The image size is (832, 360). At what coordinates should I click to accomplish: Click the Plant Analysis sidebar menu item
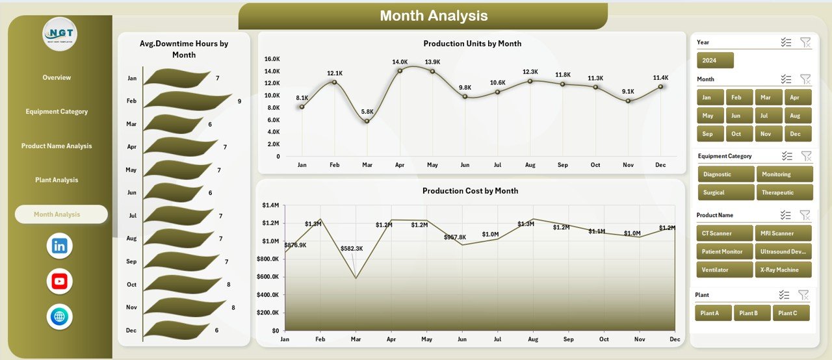57,180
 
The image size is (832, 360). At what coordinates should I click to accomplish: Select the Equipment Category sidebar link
57,112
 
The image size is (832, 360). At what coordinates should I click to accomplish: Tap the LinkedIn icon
60,246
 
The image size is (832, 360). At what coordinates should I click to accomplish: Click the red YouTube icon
60,281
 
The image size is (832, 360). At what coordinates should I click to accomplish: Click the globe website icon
60,317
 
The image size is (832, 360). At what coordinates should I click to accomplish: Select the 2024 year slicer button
715,60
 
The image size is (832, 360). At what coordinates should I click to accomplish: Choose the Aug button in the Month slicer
798,116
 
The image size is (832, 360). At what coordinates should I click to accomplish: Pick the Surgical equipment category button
725,192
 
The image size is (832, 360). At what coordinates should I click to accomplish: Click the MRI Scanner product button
783,233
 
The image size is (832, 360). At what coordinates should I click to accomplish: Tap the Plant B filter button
752,313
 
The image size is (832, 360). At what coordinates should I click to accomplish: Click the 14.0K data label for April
400,62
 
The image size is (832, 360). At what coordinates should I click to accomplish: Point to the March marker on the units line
367,121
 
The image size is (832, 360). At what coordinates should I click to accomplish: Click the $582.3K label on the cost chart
353,249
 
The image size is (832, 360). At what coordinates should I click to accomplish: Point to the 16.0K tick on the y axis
272,59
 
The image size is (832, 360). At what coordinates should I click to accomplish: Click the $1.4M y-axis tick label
270,205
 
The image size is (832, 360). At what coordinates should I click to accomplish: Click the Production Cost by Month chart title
470,191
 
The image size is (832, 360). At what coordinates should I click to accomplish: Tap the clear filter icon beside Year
805,42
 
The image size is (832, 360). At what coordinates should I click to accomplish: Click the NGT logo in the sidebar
60,34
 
